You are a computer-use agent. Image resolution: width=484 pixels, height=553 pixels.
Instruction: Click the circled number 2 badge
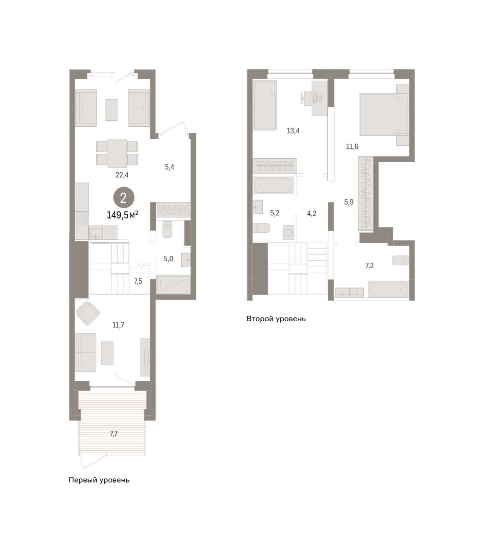click(x=124, y=198)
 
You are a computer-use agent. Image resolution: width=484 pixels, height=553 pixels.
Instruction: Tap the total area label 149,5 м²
click(x=123, y=215)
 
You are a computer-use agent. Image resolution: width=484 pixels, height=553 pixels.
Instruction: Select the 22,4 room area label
click(x=122, y=175)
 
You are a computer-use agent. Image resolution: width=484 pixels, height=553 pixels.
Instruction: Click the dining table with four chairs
click(x=117, y=153)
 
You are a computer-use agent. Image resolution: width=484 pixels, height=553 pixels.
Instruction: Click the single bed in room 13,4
click(x=265, y=105)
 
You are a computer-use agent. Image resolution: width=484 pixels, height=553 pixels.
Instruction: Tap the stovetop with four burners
click(x=82, y=218)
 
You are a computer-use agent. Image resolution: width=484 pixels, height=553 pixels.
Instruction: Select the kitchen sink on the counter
click(x=96, y=232)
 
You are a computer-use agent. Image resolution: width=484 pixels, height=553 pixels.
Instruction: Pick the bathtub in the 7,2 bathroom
click(x=388, y=289)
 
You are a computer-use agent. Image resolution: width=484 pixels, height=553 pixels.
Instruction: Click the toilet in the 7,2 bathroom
click(x=400, y=260)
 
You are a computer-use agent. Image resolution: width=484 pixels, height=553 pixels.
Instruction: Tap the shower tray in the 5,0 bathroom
click(x=173, y=285)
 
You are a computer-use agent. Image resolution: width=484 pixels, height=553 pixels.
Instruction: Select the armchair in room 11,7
click(x=88, y=313)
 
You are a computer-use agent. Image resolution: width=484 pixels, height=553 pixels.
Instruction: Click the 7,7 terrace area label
click(x=113, y=434)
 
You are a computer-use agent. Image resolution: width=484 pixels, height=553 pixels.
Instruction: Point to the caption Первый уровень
click(x=99, y=480)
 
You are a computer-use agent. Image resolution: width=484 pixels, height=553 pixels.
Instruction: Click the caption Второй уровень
click(x=276, y=319)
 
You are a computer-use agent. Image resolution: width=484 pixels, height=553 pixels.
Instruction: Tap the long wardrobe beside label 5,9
click(x=366, y=194)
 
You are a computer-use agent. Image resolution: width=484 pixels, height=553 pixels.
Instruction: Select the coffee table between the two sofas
click(x=112, y=110)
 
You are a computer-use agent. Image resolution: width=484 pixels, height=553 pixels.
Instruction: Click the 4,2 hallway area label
click(x=312, y=214)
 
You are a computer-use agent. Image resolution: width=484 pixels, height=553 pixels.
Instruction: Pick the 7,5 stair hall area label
click(x=138, y=282)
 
